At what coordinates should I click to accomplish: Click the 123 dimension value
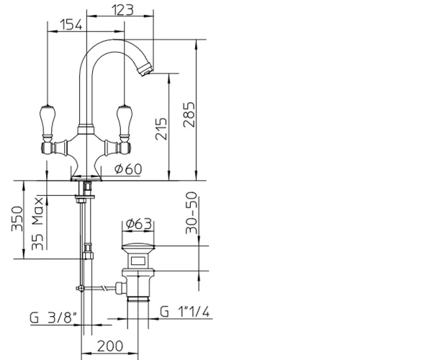click(122, 10)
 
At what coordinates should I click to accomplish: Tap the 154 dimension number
click(71, 24)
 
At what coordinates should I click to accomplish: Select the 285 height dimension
click(189, 114)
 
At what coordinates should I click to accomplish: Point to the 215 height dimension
click(161, 129)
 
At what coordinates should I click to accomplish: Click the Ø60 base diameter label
click(128, 169)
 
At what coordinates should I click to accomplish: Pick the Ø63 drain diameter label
click(138, 224)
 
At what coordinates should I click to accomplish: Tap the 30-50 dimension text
click(192, 213)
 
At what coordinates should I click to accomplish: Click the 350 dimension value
click(17, 219)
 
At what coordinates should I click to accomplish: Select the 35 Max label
click(37, 223)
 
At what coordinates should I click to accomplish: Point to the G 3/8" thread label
click(53, 318)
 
